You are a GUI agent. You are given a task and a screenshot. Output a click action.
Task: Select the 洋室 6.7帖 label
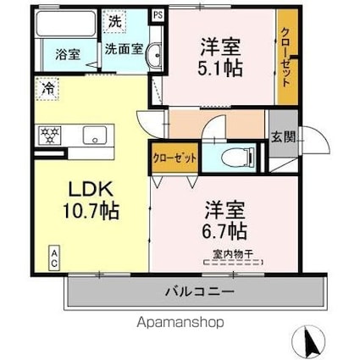[224, 218]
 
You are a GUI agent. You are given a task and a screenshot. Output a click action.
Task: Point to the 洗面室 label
[124, 49]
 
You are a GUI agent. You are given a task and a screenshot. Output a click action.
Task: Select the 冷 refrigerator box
[48, 87]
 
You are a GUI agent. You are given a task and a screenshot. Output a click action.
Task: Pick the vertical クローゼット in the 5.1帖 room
[287, 57]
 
